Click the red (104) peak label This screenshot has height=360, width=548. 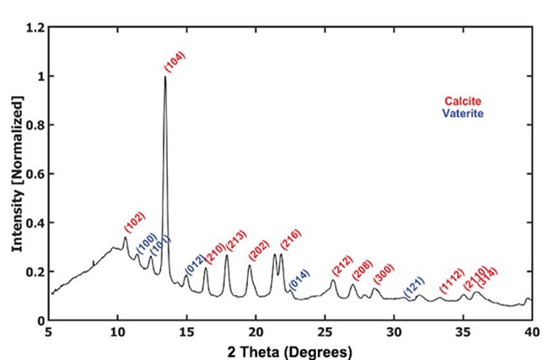pyautogui.click(x=175, y=62)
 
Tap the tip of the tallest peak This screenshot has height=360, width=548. pyautogui.click(x=165, y=77)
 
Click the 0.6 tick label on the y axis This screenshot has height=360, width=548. pyautogui.click(x=37, y=175)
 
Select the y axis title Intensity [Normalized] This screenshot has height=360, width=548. pyautogui.click(x=17, y=173)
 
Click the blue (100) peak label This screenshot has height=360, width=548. pyautogui.click(x=146, y=244)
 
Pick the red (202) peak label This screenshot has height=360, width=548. pyautogui.click(x=258, y=251)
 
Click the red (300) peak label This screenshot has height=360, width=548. pyautogui.click(x=383, y=274)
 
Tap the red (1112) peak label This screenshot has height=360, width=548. pyautogui.click(x=452, y=282)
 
